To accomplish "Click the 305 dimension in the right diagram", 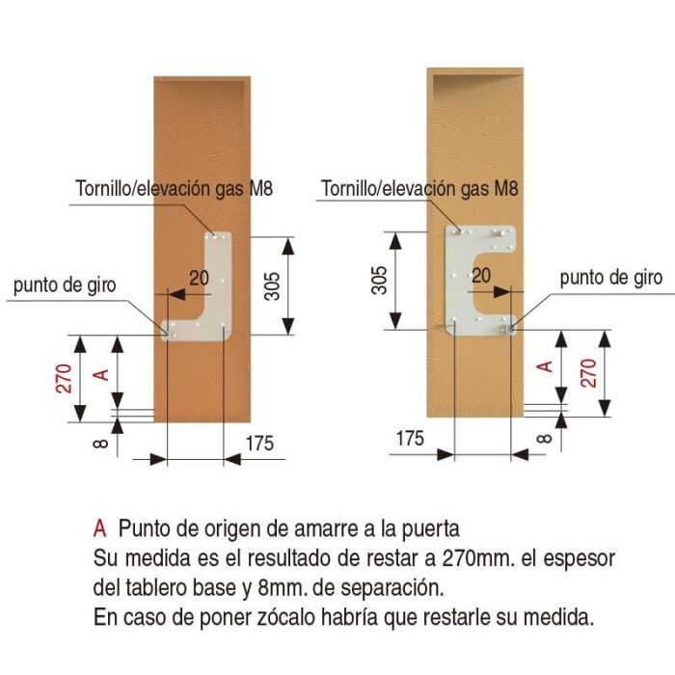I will (x=381, y=280).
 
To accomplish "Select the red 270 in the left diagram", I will (x=64, y=379).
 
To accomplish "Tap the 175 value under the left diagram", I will (x=259, y=444).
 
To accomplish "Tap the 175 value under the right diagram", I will (x=410, y=438).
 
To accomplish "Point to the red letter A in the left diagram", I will (x=97, y=374).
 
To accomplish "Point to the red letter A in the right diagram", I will (x=544, y=365).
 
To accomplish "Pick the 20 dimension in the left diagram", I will (x=199, y=278).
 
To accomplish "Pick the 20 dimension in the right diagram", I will (x=481, y=276).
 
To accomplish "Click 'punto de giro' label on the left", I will (x=66, y=285).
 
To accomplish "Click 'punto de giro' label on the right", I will (x=611, y=278).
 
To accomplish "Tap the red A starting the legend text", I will (x=98, y=528).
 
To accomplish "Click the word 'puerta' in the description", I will (x=431, y=528).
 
